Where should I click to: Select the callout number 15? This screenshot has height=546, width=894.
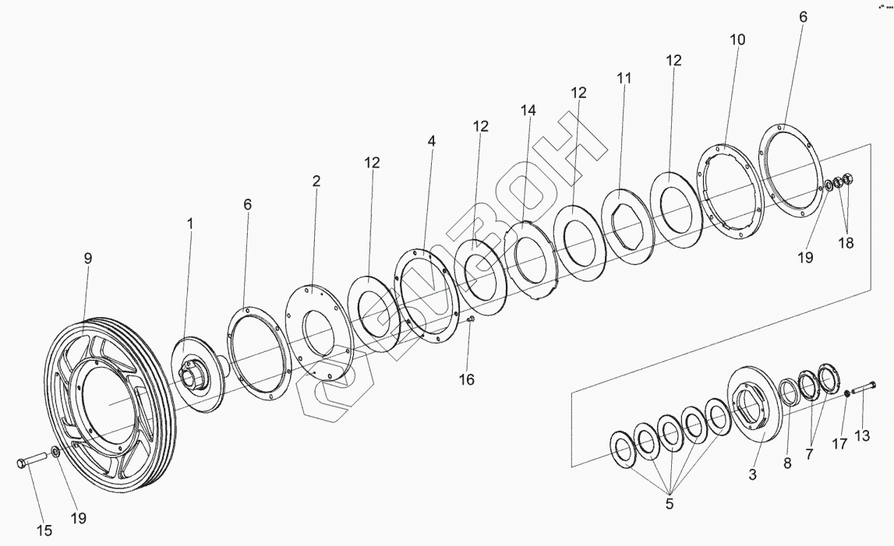[x=44, y=530]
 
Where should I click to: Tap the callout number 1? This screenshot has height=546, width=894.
[x=189, y=224]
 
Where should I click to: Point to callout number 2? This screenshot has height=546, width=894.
[x=316, y=181]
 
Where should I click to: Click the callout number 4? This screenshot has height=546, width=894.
[x=431, y=142]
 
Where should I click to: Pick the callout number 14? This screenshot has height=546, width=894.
[x=528, y=111]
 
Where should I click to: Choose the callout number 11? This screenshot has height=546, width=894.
[x=624, y=79]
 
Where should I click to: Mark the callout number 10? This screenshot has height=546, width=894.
[x=737, y=40]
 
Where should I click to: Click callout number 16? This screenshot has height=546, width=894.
[x=466, y=379]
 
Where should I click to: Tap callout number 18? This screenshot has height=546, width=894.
[x=845, y=242]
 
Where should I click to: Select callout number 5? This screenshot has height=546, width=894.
[x=669, y=504]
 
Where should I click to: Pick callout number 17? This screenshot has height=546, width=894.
[x=838, y=445]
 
